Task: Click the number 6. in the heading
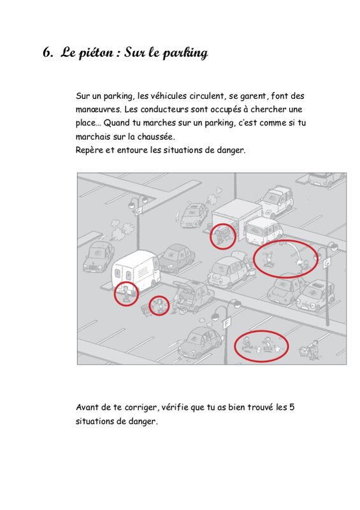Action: [x=48, y=52]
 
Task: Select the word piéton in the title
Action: [x=96, y=53]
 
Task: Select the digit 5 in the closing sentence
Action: [x=292, y=407]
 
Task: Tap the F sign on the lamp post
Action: [x=226, y=323]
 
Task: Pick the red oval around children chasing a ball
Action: [x=261, y=346]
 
